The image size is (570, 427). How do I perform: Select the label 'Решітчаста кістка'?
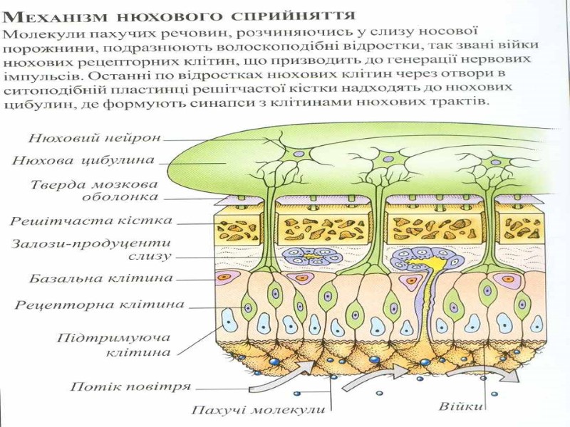pos(91,221)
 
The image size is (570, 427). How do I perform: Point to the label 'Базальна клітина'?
pos(101,277)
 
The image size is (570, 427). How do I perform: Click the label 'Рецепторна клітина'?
pos(100,305)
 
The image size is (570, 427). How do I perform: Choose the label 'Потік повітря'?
pos(130,387)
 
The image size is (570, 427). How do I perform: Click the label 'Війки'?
pos(461,407)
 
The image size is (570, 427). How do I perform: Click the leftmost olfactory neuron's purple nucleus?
pos(299,154)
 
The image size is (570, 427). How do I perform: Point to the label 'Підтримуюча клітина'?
pos(114,344)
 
